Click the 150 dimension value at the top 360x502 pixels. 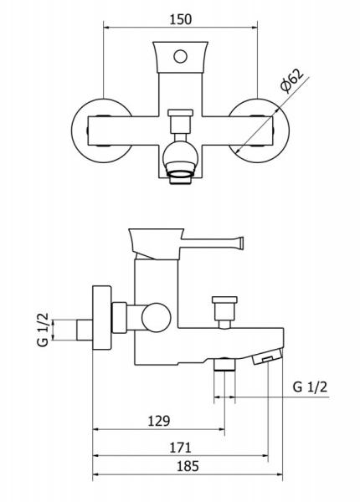181,19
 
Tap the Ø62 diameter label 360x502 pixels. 291,80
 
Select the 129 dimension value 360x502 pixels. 159,421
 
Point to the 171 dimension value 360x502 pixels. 180,448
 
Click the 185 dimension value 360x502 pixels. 188,466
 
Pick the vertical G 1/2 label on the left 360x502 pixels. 43,330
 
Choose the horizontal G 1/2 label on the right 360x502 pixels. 310,387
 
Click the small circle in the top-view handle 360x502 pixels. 180,57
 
